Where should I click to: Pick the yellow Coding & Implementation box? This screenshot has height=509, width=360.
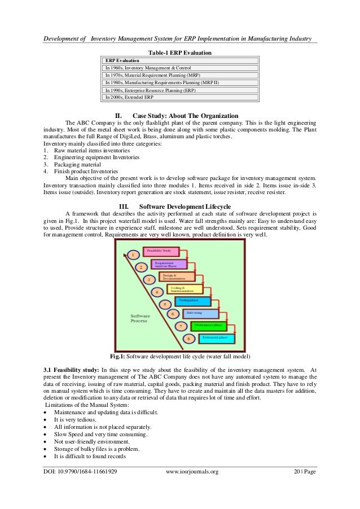[x=185, y=288]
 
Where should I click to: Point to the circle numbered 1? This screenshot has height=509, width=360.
[x=133, y=254]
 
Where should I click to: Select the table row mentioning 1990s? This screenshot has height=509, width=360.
[x=150, y=89]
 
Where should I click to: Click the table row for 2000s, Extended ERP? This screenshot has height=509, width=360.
[x=129, y=96]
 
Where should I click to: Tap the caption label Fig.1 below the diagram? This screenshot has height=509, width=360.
[x=117, y=356]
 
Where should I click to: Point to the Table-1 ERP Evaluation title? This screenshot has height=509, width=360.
[x=179, y=52]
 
